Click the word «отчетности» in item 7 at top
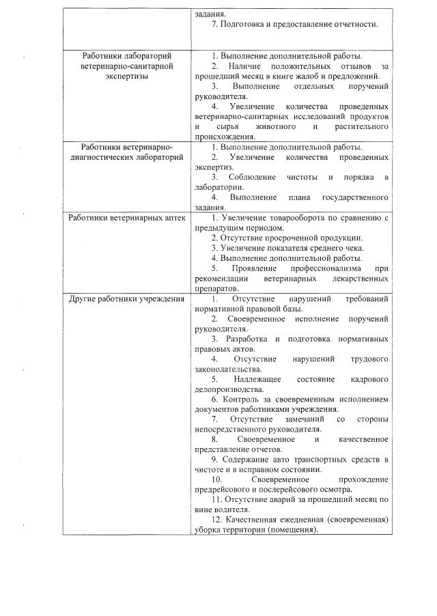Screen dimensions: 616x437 click(352, 25)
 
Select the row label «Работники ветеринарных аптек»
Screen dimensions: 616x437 click(126, 218)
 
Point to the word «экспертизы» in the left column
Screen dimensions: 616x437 click(126, 76)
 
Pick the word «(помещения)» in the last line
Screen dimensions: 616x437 click(294, 531)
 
